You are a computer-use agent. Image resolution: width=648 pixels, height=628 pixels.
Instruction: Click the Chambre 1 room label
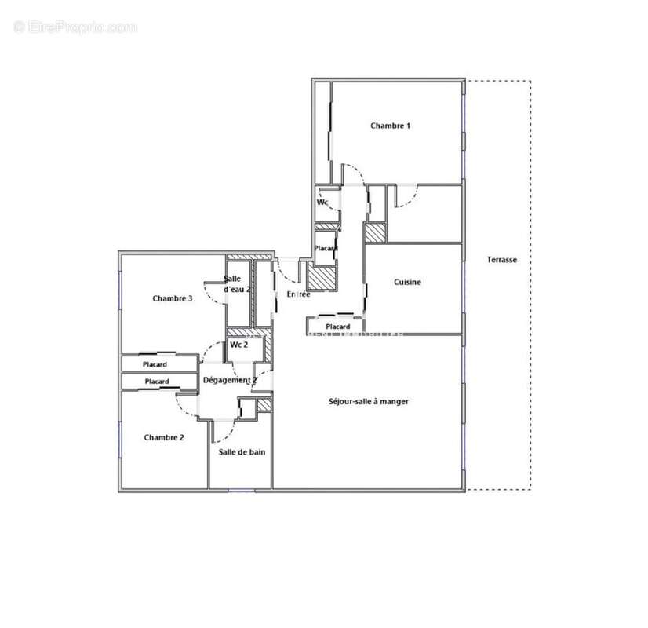click(390, 126)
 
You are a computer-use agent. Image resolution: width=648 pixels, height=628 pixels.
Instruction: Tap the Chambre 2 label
click(164, 437)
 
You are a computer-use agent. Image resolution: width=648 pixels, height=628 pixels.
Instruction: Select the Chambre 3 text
click(173, 298)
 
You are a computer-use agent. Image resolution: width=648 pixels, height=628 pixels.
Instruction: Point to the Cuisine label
click(407, 283)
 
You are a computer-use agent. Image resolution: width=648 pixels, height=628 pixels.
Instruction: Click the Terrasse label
click(502, 260)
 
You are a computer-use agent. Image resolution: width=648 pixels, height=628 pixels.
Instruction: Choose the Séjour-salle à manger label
click(369, 401)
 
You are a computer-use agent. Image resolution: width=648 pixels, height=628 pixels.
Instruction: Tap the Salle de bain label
click(240, 452)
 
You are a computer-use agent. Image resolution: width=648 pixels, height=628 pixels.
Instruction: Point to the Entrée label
click(298, 294)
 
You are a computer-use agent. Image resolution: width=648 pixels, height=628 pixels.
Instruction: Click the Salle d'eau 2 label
click(237, 284)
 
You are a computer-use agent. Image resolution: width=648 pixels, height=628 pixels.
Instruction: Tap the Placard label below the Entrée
click(337, 327)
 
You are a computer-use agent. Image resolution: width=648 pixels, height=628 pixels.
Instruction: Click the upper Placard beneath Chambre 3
click(155, 364)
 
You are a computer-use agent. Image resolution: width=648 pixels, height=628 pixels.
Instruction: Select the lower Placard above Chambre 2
click(157, 382)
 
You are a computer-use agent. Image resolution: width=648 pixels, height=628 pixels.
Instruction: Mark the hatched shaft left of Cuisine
click(375, 233)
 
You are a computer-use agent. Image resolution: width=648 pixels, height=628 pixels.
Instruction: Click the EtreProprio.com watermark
click(75, 27)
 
